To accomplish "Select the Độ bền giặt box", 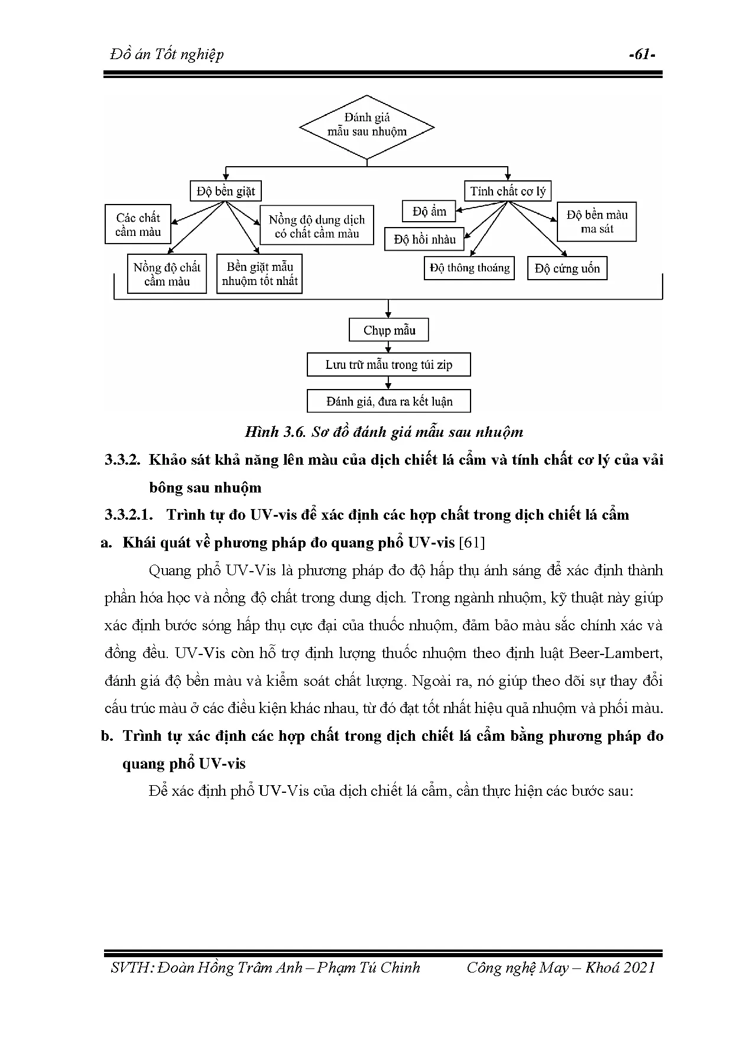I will click(226, 191).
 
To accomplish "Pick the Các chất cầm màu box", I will click(138, 225).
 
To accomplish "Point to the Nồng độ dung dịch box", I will click(317, 226).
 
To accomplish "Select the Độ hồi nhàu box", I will click(424, 239).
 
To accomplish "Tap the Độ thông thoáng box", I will click(469, 268).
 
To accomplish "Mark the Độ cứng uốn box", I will click(567, 268).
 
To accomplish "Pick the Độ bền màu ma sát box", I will click(597, 222).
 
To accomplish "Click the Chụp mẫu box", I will click(388, 330).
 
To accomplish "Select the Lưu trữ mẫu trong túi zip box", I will click(388, 365).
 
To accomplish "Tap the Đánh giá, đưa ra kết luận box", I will click(388, 401).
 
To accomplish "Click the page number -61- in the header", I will click(642, 55).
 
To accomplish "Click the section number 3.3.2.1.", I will click(129, 515).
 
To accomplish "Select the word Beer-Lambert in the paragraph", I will click(615, 653).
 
